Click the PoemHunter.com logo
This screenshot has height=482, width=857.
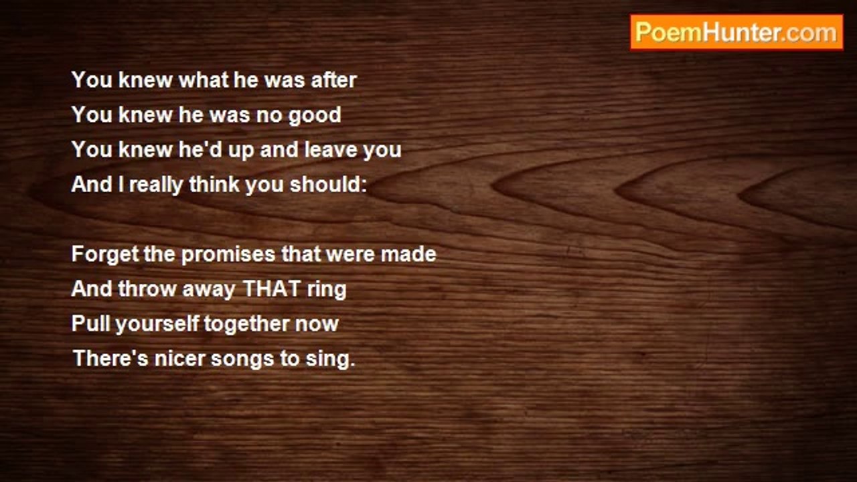tap(736, 33)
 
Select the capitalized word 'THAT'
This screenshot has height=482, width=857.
tap(272, 289)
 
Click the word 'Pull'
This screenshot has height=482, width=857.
tap(90, 323)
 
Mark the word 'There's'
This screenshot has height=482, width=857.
tap(110, 358)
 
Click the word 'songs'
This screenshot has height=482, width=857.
tap(242, 360)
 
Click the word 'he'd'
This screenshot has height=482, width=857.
tap(200, 149)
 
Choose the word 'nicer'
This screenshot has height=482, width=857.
tap(179, 359)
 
